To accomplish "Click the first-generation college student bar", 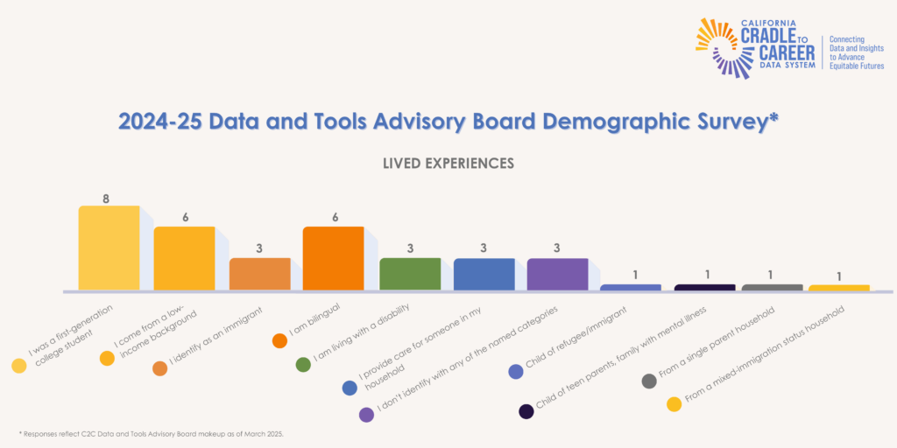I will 109,248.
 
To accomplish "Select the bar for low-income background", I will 184,258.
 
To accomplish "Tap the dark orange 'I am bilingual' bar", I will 333,258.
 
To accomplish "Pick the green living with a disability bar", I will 409,273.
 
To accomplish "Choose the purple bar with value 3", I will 557,273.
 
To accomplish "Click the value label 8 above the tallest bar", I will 106,199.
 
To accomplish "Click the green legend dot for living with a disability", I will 303,365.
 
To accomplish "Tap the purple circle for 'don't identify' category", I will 366,415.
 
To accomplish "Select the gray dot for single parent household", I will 649,381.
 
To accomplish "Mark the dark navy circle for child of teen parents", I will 526,411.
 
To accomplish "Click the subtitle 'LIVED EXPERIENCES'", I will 448,164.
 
